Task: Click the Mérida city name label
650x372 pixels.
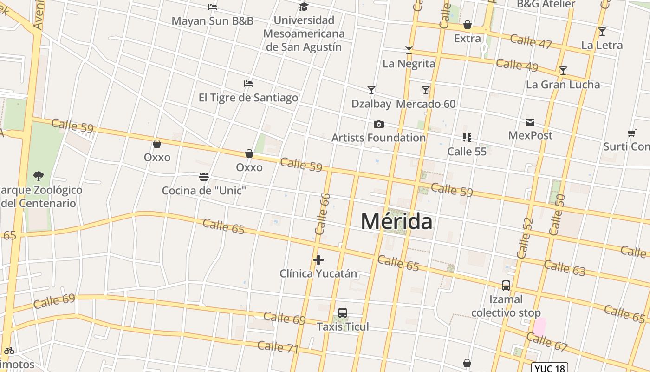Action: (396, 221)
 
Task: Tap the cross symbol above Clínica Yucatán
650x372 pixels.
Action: (318, 260)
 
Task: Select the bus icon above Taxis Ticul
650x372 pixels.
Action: (343, 313)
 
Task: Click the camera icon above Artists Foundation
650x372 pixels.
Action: (379, 124)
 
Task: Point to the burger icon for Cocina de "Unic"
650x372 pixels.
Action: (203, 177)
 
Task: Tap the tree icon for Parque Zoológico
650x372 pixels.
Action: (39, 176)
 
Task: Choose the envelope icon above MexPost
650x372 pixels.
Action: (530, 122)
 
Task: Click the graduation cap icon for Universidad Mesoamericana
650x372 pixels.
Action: (304, 7)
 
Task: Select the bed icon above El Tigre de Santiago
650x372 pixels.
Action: (248, 84)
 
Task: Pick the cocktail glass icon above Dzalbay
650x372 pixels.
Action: (371, 90)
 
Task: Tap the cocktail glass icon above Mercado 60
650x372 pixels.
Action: (426, 90)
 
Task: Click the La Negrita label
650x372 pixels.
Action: (409, 64)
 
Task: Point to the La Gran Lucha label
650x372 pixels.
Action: (563, 85)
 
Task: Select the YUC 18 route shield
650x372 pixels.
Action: (549, 368)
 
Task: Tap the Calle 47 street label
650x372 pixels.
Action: (531, 41)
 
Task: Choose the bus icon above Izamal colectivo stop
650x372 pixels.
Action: (506, 285)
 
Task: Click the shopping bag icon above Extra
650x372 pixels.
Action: (468, 25)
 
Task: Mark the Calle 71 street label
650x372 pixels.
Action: (278, 347)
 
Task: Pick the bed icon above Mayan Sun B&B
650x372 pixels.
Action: (213, 7)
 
